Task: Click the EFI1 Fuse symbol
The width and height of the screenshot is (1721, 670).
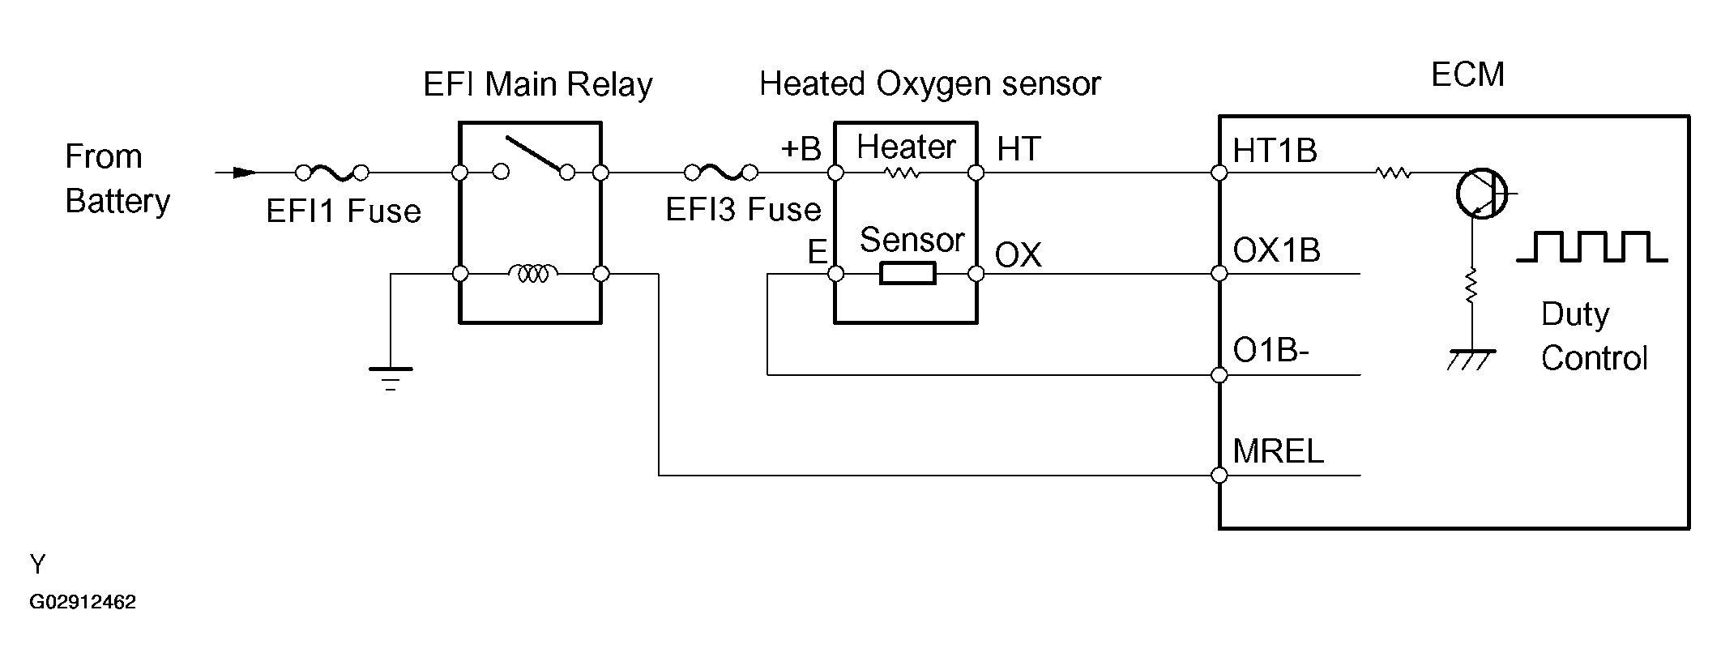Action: point(332,173)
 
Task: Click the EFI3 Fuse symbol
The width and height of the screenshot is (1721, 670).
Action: point(721,173)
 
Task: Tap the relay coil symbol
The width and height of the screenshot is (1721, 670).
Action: point(532,274)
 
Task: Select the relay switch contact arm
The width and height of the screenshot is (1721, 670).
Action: point(533,153)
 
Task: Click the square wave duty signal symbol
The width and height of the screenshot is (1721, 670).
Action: point(1591,246)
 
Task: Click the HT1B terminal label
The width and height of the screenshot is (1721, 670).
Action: point(1275,151)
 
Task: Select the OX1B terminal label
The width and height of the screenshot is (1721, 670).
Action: point(1276,251)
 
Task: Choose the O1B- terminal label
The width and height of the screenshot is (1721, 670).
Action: point(1270,352)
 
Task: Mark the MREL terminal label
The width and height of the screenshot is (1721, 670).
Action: point(1278,451)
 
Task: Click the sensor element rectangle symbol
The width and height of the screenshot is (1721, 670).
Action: point(907,274)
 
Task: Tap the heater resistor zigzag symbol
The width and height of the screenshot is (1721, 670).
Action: point(902,173)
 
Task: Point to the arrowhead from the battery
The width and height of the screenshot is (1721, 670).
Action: point(244,173)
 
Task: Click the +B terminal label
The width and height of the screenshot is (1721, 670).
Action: point(801,149)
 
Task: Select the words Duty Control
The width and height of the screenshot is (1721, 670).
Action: point(1594,336)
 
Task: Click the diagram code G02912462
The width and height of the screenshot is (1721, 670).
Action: point(83,602)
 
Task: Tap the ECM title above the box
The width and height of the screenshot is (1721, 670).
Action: point(1467,75)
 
